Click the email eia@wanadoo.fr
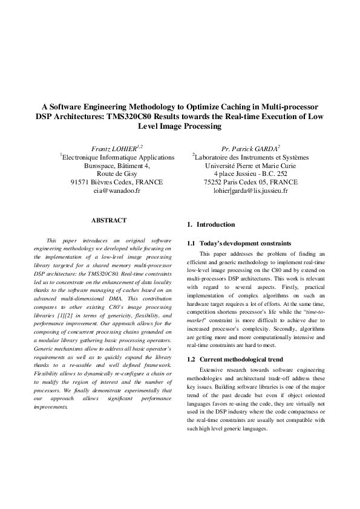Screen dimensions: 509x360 click(117, 190)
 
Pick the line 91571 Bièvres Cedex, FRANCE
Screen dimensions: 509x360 click(117, 182)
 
